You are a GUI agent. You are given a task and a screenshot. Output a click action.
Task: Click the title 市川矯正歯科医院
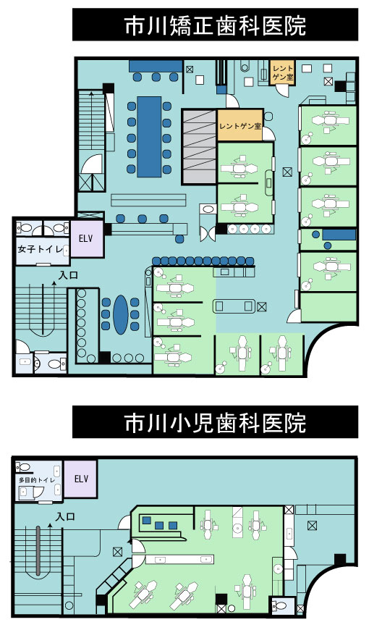click(x=215, y=26)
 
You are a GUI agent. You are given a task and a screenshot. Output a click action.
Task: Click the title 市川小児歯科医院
click(x=215, y=423)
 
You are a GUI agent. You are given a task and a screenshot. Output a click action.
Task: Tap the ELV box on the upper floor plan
click(x=86, y=239)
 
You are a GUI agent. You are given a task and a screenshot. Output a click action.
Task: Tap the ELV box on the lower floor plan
click(x=81, y=479)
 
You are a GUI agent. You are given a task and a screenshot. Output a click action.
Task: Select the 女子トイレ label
click(x=40, y=249)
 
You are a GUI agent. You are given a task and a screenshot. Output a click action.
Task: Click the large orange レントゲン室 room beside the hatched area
click(x=240, y=126)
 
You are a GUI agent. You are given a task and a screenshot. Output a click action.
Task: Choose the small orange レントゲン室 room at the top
click(x=283, y=72)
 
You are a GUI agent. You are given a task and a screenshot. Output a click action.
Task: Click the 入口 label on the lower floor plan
click(x=65, y=517)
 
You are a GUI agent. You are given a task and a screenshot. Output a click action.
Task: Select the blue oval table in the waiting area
click(x=120, y=314)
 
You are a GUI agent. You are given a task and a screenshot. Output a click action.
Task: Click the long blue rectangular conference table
click(x=149, y=137)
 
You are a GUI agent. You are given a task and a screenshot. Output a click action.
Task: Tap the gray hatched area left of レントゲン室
click(x=199, y=147)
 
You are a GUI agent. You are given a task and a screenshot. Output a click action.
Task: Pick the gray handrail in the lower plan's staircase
click(x=38, y=550)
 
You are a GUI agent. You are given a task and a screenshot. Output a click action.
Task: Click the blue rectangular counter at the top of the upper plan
click(x=156, y=66)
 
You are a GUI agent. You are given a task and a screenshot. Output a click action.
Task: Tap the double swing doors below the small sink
click(x=208, y=234)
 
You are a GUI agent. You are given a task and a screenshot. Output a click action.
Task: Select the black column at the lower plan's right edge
click(x=340, y=559)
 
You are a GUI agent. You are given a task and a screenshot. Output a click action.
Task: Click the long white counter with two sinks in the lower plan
click(x=179, y=559)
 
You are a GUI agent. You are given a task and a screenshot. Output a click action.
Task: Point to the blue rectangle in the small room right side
click(x=339, y=234)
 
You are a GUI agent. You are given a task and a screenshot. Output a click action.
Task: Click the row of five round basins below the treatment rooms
click(x=250, y=229)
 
